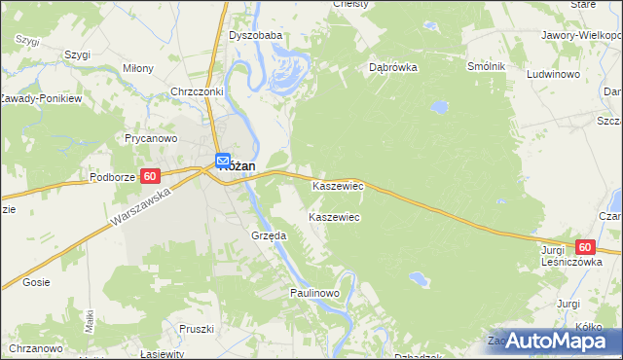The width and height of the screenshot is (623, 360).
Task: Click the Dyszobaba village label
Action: pos(255,35)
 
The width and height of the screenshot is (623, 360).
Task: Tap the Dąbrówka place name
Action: pos(393,68)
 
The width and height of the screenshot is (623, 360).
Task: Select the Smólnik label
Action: pos(486,65)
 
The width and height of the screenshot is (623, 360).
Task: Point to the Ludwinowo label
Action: pos(553,74)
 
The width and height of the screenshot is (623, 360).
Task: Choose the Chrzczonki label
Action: pos(197,91)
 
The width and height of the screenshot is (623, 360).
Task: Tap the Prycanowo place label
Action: pos(150,138)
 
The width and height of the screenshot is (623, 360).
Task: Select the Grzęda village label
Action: pos(268,235)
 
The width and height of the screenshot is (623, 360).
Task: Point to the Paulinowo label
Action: pos(313,292)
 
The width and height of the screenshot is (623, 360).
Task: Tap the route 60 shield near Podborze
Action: pos(149,176)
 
